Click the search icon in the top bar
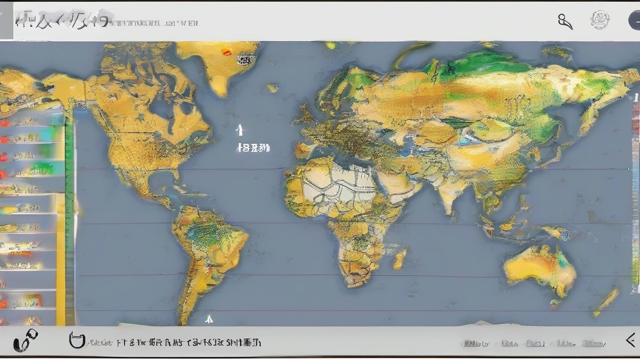tap(565, 21)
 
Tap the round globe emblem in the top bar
tap(600, 20)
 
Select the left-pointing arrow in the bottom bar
tap(631, 340)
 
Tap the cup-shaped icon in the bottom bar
tap(76, 341)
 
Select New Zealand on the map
tap(606, 302)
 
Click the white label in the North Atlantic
tap(253, 148)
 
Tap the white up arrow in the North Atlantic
tap(239, 129)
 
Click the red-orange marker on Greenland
tap(226, 52)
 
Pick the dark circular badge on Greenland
tap(244, 60)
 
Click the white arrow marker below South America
tap(209, 319)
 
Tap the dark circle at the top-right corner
tap(634, 21)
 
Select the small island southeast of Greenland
tap(272, 88)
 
